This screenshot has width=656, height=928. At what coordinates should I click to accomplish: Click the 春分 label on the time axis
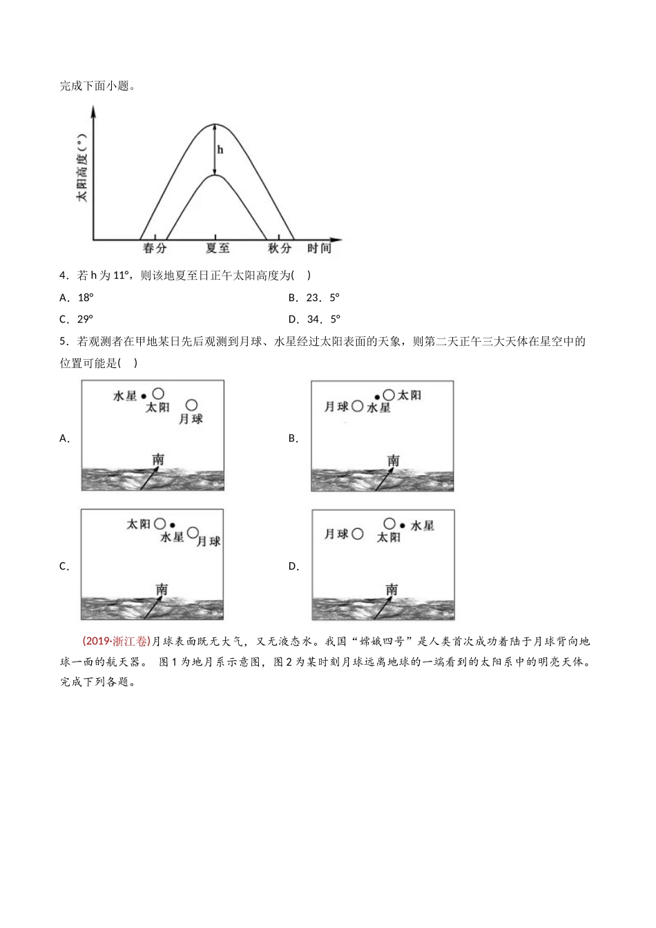[x=155, y=249]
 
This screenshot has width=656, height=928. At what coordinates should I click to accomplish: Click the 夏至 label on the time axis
[x=218, y=249]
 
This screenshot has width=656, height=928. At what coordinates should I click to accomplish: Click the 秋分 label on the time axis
[x=280, y=249]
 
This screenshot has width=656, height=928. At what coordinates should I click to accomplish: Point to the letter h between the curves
[x=220, y=150]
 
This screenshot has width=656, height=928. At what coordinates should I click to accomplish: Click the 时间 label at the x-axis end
[x=320, y=249]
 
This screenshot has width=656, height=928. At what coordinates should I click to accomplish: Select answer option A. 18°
[x=77, y=298]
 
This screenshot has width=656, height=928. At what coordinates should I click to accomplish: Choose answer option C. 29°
[x=77, y=319]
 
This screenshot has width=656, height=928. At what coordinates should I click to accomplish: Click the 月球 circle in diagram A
[x=191, y=405]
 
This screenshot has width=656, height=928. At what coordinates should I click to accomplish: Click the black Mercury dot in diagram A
[x=144, y=396]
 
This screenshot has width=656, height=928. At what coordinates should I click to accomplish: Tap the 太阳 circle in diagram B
[x=389, y=394]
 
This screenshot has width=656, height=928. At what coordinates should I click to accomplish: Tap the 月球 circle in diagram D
[x=357, y=534]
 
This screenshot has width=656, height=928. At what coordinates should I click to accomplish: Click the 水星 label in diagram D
[x=422, y=525]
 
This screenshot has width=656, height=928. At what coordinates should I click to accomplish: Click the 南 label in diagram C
[x=162, y=589]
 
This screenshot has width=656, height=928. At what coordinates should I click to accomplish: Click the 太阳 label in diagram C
[x=138, y=524]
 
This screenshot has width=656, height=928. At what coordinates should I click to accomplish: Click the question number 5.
[x=63, y=341]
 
